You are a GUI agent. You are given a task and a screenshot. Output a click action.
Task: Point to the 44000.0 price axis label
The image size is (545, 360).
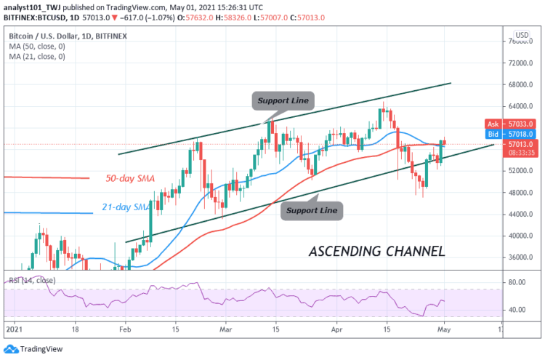click(x=522, y=215)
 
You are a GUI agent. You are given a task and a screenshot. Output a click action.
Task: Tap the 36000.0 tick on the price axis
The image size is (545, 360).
click(x=522, y=257)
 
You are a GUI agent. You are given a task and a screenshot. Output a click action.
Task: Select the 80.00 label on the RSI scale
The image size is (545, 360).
click(x=517, y=282)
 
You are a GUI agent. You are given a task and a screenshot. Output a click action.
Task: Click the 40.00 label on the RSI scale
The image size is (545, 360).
click(x=517, y=310)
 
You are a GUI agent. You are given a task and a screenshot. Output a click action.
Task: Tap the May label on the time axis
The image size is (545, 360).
click(x=443, y=329)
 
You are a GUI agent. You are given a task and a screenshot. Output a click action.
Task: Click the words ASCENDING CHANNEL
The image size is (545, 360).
click(x=376, y=252)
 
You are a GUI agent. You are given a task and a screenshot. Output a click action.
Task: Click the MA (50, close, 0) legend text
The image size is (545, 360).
click(x=37, y=45)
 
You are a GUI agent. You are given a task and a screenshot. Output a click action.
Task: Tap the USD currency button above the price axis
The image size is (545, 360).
click(x=521, y=35)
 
